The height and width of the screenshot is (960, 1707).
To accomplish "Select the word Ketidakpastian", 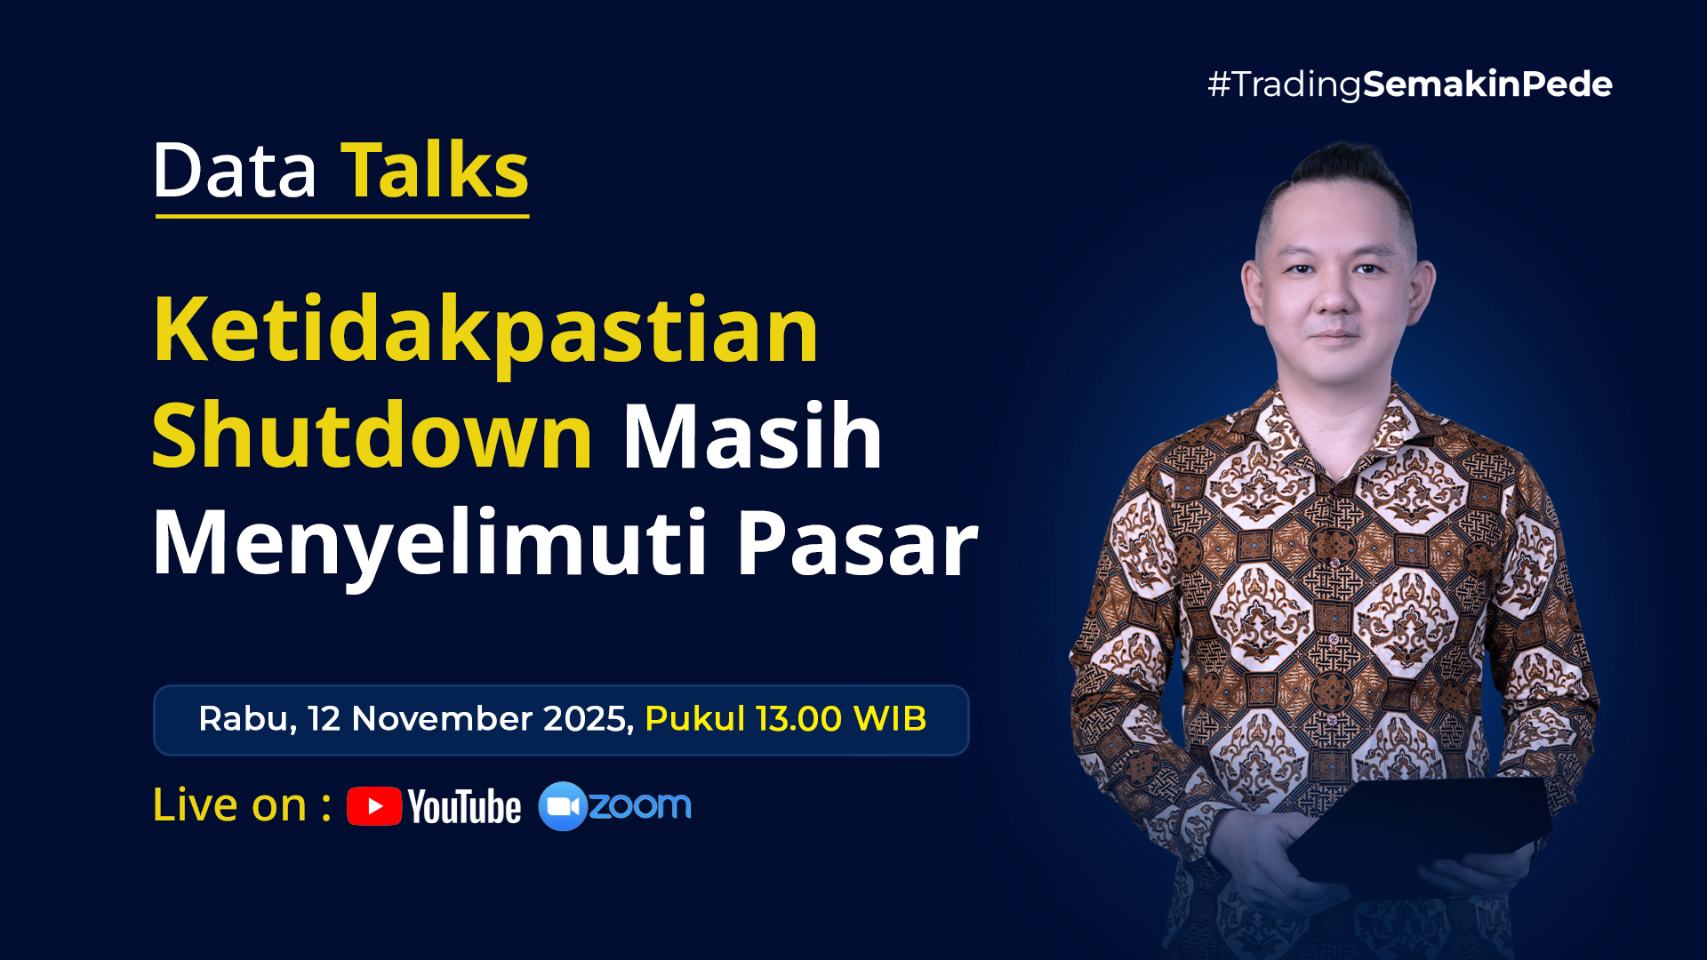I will [485, 331].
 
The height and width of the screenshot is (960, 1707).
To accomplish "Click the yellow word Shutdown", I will [372, 436].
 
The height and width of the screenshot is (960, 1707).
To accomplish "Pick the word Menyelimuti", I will [429, 542].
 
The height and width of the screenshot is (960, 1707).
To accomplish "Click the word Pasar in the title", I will [857, 542].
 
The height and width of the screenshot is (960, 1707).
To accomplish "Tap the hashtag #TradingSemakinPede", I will [1409, 84].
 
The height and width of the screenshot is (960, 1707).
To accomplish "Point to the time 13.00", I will [798, 718].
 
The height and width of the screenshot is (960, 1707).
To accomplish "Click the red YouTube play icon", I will [374, 806].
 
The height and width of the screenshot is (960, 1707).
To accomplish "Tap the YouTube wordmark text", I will [464, 807].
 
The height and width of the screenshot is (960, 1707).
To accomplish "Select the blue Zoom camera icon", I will [562, 806].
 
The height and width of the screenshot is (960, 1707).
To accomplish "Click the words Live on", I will [229, 805].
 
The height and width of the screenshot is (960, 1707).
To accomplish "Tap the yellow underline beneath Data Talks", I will [342, 215].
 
